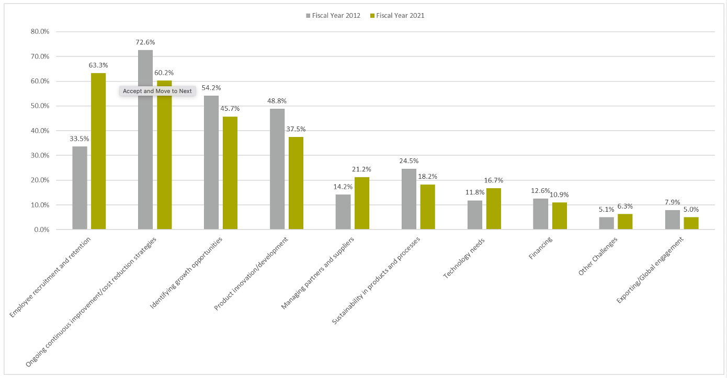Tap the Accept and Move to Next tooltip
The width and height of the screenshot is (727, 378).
tap(157, 91)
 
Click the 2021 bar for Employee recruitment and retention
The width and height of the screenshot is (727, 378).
tap(98, 151)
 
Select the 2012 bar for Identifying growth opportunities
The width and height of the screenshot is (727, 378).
tap(211, 163)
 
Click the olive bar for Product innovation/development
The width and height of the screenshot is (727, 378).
tap(296, 183)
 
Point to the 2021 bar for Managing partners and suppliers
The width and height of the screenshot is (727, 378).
tap(362, 203)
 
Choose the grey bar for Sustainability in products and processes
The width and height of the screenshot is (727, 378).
tap(409, 199)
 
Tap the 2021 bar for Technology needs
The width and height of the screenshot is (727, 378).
tap(494, 209)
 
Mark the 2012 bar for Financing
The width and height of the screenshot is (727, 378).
tap(541, 214)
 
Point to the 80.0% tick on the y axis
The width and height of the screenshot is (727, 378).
tap(40, 31)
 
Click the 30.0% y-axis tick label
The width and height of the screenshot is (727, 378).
tap(40, 155)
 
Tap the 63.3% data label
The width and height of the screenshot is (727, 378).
tap(98, 65)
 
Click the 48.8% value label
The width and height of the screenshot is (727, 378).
tap(277, 101)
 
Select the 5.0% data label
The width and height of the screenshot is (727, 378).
tap(691, 209)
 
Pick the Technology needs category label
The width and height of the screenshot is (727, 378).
tap(464, 259)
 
